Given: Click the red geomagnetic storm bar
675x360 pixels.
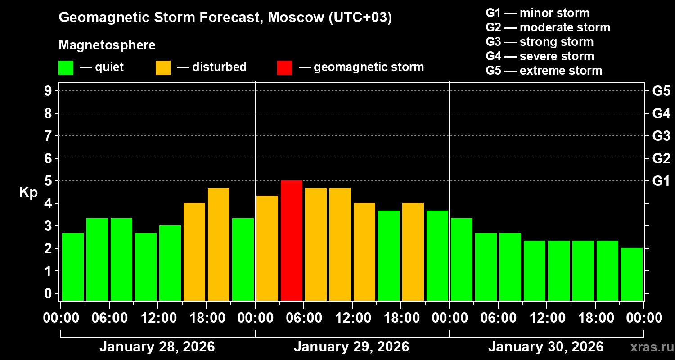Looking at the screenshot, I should (x=292, y=240).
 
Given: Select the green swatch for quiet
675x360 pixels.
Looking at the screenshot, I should (x=66, y=68).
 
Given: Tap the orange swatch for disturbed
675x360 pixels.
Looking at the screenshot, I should (x=163, y=68).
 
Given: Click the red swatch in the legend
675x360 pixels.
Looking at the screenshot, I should (x=284, y=68).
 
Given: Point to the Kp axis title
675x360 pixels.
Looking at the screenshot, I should (x=28, y=192).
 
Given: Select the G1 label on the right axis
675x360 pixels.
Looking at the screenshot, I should (x=661, y=181).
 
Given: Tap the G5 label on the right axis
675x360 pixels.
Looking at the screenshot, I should (x=661, y=91).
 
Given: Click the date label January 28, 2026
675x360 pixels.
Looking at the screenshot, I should (x=157, y=347).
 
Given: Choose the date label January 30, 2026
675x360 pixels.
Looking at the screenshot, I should (x=545, y=347).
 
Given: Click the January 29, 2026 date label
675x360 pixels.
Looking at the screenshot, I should (x=351, y=347).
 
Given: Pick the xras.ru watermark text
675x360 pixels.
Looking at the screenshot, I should (x=650, y=347).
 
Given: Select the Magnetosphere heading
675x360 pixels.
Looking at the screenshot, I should (x=107, y=45).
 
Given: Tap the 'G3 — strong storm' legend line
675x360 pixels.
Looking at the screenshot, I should (x=540, y=42).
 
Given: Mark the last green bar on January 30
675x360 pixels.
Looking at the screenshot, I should (x=632, y=274).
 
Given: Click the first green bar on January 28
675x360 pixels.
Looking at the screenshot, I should (x=73, y=266).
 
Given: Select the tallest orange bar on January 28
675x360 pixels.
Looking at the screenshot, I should (x=219, y=244).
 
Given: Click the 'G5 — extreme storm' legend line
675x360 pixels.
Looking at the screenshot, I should (x=544, y=71).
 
